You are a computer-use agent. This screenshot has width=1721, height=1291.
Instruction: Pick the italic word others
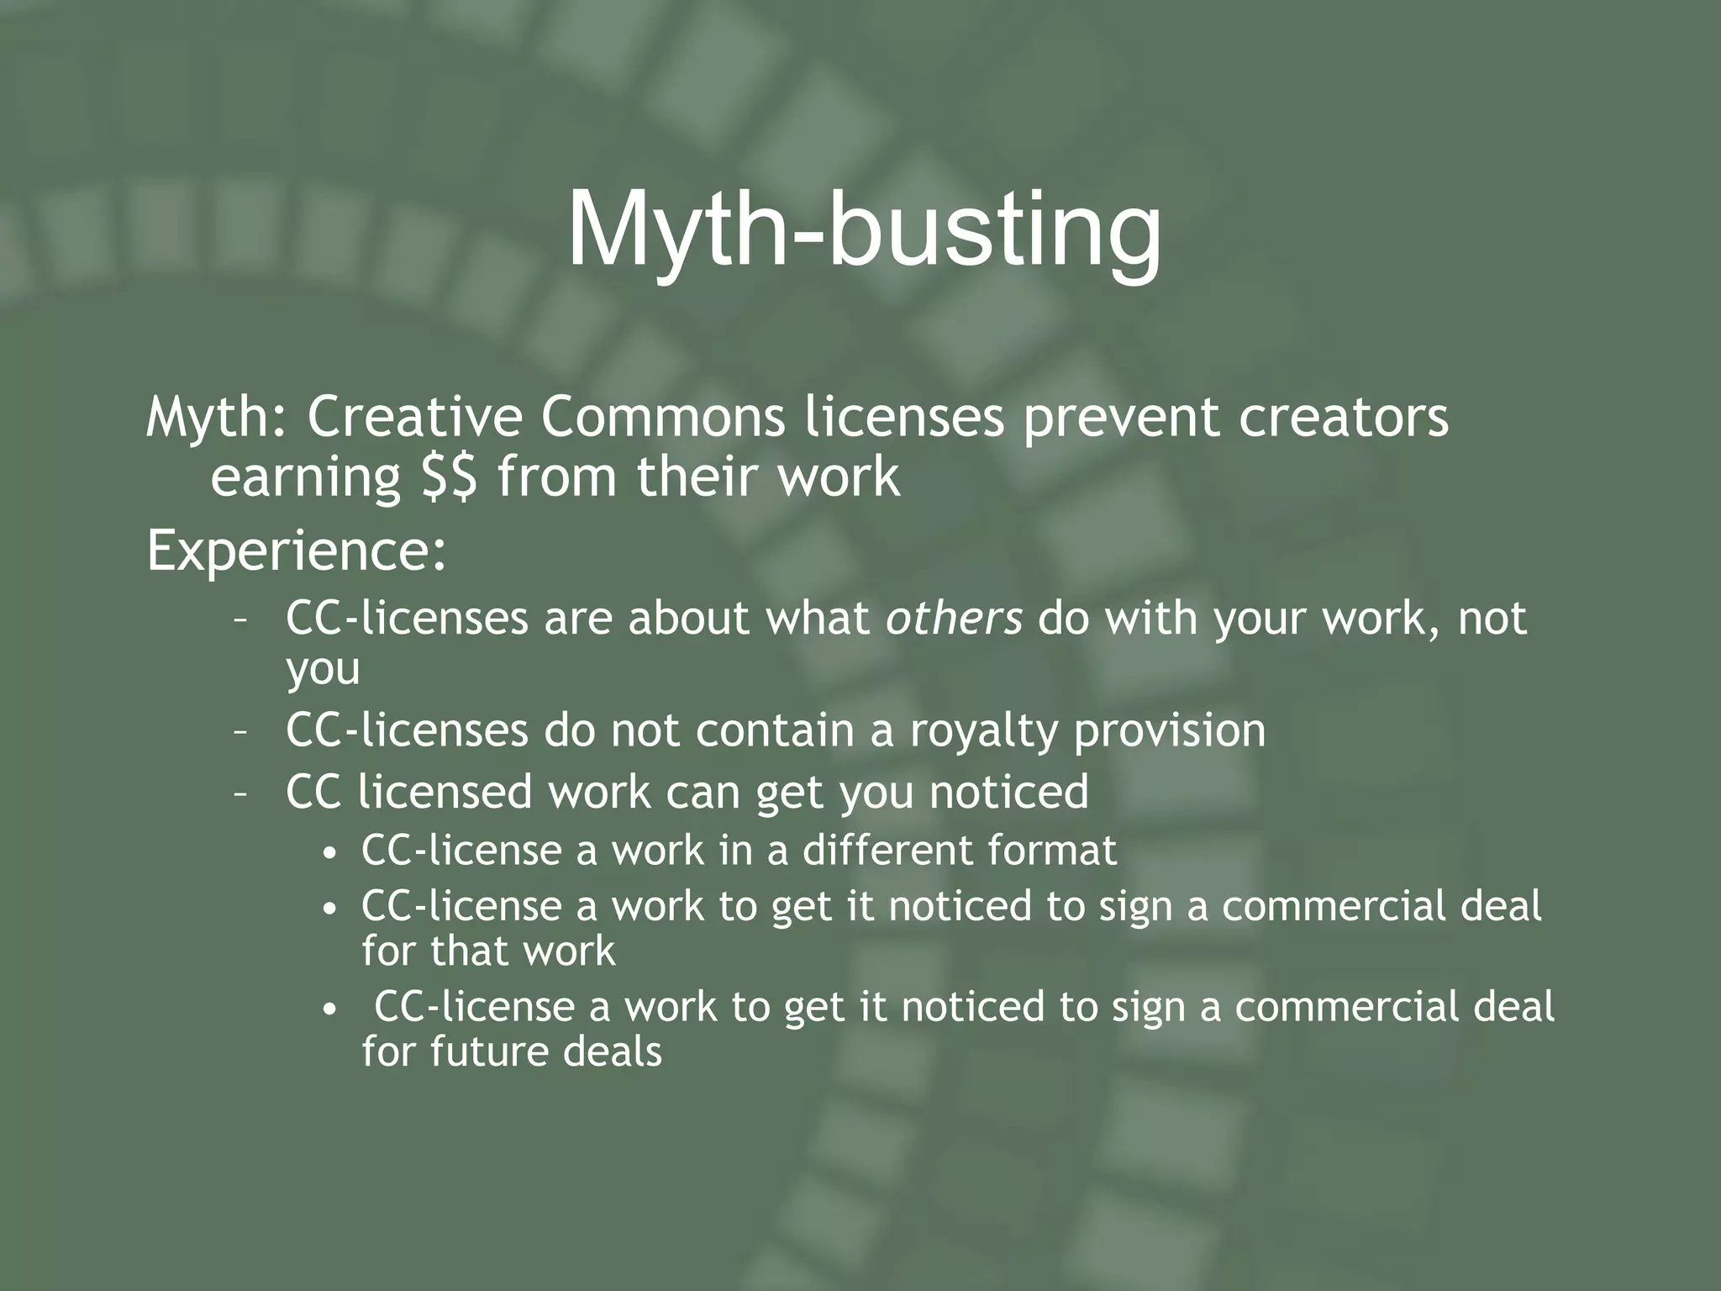coord(955,618)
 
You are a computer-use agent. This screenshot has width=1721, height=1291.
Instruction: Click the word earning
coord(305,477)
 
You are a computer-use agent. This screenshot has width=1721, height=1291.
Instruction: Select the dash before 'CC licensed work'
coord(240,794)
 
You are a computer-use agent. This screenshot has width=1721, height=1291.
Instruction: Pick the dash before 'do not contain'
coord(240,732)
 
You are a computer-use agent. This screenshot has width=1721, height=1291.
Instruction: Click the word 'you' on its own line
coord(323,670)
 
